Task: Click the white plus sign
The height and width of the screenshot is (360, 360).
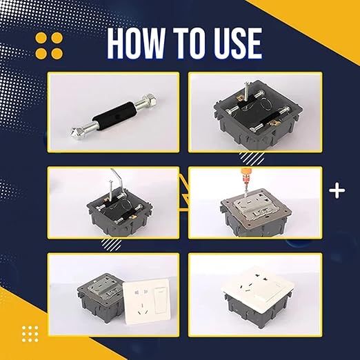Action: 337,190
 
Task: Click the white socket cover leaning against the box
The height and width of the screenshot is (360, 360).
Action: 147,301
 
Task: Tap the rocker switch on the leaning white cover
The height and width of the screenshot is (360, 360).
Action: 161,299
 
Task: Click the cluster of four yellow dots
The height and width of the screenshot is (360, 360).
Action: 49,46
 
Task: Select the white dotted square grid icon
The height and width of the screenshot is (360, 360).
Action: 30,334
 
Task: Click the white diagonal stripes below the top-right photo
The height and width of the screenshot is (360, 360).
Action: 252,159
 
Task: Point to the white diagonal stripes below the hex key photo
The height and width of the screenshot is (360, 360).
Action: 111,243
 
